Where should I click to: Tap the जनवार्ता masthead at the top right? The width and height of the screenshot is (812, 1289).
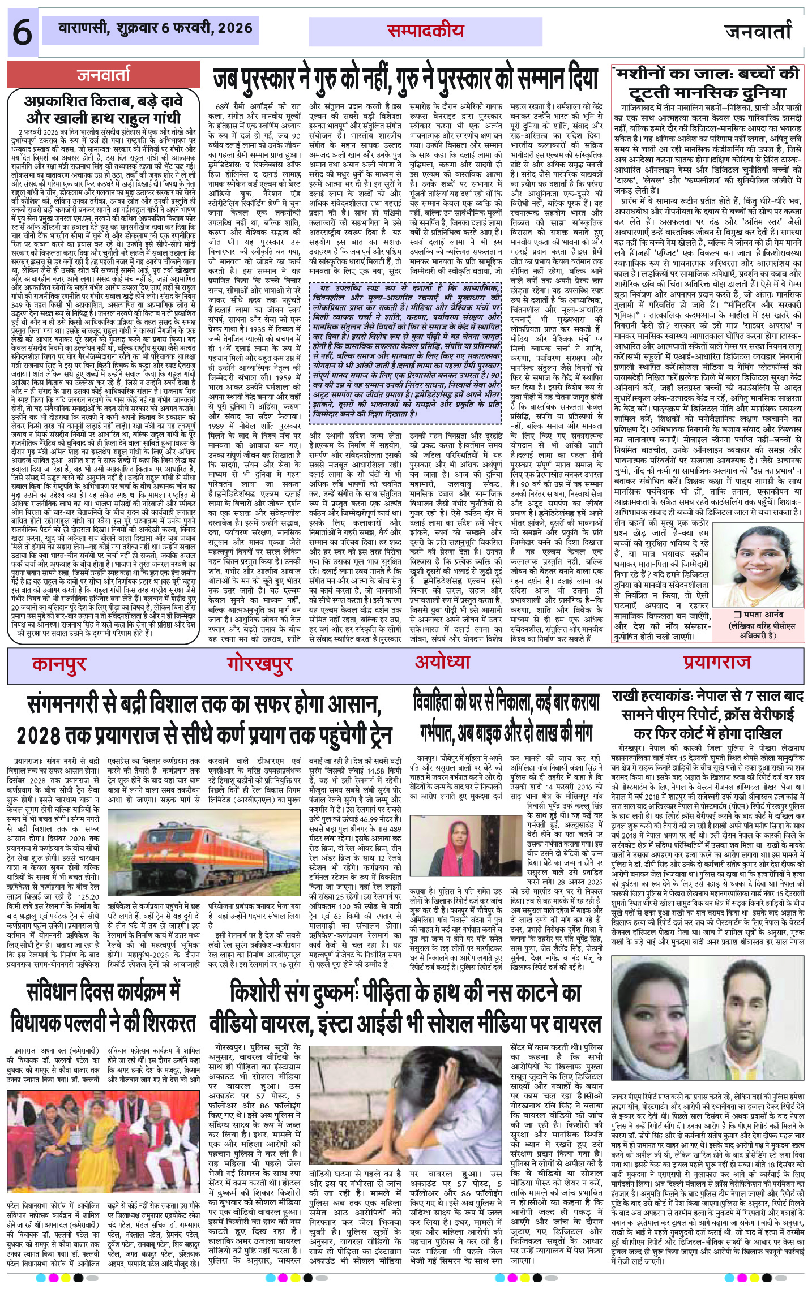(x=758, y=32)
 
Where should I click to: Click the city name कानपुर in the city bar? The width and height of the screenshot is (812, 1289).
(x=59, y=663)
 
